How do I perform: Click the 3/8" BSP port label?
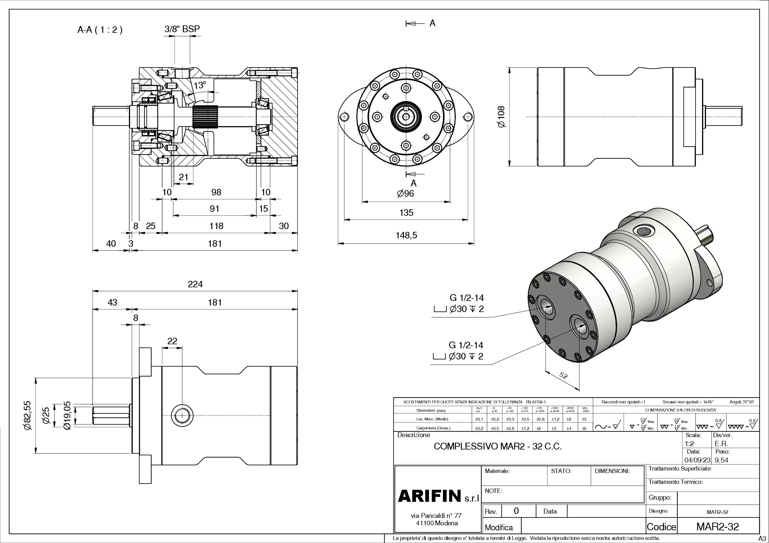coord(182,29)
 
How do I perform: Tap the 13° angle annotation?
coord(199,85)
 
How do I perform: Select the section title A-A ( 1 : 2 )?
coord(100,30)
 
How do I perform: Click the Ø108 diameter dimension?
coord(502,116)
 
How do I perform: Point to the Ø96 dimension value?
coord(406,193)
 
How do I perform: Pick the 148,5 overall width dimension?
coord(406,235)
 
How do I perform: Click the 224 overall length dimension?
coord(195,284)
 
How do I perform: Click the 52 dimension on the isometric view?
coord(563,376)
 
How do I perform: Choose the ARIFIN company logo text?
coord(430,496)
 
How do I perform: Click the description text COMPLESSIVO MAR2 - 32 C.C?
coord(497,446)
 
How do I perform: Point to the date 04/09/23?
coord(697,460)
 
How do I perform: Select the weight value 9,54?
coord(722,460)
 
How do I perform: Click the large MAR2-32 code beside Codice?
coord(718,527)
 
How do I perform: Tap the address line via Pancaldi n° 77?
coord(436,515)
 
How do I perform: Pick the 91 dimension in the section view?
coord(214,208)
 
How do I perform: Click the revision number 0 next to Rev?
coord(516,510)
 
